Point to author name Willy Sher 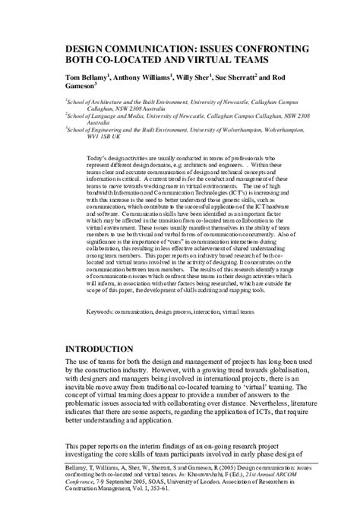(194, 77)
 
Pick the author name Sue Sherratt (242, 77)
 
